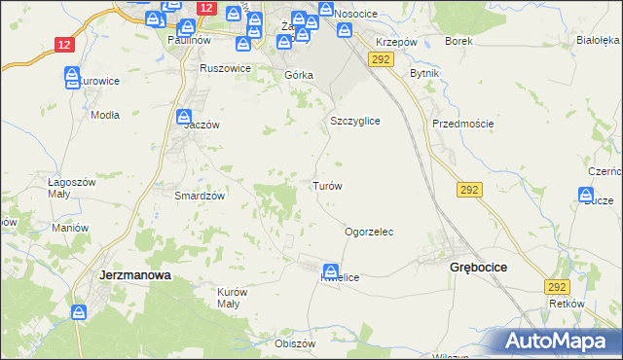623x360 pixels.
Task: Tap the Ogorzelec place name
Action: tap(369, 233)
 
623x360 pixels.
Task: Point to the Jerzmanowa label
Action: tap(135, 275)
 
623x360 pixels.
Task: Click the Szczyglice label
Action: tap(354, 121)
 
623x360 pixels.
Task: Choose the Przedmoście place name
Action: tap(463, 124)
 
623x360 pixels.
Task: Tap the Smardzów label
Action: tap(200, 195)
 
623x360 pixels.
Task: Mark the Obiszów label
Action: tap(296, 343)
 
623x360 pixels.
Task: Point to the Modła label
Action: tap(104, 114)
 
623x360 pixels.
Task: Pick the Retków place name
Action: tap(566, 304)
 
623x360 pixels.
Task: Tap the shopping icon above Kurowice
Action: tap(72, 75)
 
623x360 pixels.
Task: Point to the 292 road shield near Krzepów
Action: tap(380, 60)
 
